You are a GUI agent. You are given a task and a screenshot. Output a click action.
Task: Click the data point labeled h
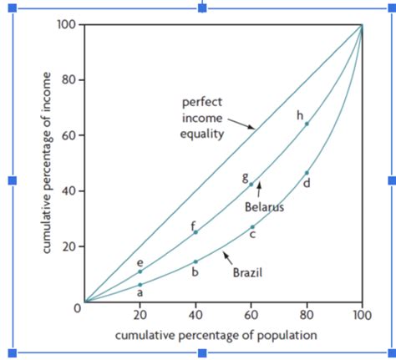point(307,124)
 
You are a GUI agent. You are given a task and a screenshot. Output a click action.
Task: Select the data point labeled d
point(307,172)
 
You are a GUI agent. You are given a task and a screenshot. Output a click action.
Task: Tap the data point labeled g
point(251,184)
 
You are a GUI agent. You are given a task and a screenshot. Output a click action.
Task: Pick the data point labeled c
point(251,226)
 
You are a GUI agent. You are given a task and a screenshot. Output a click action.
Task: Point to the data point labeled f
point(195,232)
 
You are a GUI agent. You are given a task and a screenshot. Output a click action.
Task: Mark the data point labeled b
point(195,261)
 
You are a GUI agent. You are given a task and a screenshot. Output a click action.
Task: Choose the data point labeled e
point(140,271)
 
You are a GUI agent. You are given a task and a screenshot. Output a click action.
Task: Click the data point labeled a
point(140,285)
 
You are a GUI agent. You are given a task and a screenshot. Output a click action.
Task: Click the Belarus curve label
point(264,206)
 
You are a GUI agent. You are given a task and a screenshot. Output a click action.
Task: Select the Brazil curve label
point(246,271)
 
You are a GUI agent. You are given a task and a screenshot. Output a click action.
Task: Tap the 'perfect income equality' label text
point(201,119)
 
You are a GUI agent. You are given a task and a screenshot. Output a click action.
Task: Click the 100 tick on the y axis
point(67,24)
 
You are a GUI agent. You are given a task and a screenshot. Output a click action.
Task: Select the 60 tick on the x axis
point(251,317)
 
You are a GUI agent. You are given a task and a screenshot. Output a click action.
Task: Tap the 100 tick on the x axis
point(361,317)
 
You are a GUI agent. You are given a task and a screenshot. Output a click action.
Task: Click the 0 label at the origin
point(77,309)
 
